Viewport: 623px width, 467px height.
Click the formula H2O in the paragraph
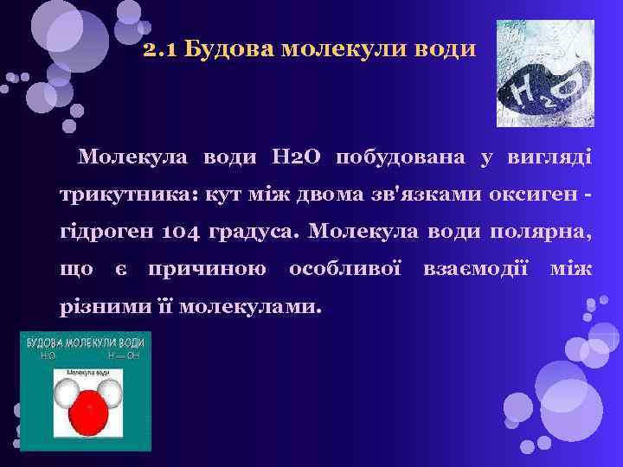click(x=296, y=158)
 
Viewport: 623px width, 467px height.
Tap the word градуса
click(x=253, y=233)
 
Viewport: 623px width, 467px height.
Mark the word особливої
click(x=344, y=270)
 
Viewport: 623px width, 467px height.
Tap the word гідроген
click(x=100, y=233)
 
